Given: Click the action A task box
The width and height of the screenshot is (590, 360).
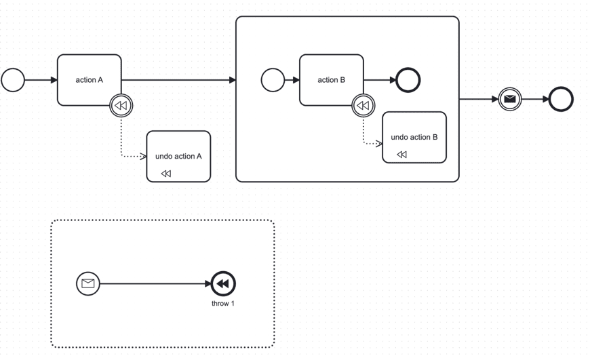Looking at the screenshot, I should tap(89, 80).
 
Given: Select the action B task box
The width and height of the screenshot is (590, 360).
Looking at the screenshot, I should tap(331, 80).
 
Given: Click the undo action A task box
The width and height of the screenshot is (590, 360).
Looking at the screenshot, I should tap(178, 157).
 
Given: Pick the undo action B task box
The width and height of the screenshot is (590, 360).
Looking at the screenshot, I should tap(414, 137).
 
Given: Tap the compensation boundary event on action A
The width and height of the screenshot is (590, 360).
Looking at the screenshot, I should tap(121, 106).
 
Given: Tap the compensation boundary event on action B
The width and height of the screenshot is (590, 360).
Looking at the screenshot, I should tap(363, 106).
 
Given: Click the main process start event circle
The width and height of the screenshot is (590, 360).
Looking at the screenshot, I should tap(13, 80).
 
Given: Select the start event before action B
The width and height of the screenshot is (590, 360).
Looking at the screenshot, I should tap(273, 80).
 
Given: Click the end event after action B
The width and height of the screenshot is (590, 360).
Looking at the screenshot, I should tap(408, 80).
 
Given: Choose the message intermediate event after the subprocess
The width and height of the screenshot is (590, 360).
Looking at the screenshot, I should tap(510, 99).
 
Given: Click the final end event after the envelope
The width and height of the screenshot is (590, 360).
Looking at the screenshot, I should tap(561, 99).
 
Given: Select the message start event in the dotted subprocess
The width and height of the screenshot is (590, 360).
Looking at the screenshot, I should tap(87, 283).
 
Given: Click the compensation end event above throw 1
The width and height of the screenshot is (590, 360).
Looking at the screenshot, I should tap(223, 283).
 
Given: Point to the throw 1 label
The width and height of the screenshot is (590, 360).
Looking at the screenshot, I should tap(223, 303).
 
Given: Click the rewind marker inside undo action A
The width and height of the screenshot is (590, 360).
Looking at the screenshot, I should tap(166, 174).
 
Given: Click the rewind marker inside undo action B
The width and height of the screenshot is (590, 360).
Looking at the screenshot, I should tap(401, 155).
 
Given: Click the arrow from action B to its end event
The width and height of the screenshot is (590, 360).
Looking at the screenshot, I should tap(380, 80).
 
